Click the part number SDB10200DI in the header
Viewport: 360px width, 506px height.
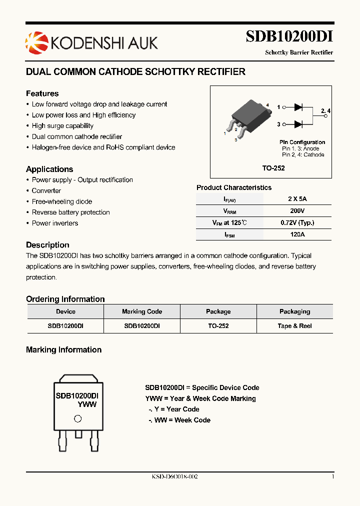click(x=289, y=36)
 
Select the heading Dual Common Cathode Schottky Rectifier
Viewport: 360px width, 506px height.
click(x=135, y=72)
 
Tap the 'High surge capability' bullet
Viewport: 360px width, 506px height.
click(x=62, y=126)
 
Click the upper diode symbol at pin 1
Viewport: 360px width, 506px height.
click(x=298, y=107)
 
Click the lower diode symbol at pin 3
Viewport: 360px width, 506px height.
click(x=298, y=124)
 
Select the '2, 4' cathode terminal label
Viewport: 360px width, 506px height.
click(x=325, y=110)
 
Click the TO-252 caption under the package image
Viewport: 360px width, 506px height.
click(x=273, y=168)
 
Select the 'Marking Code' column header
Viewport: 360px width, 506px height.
click(x=142, y=311)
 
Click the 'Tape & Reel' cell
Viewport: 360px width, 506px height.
click(x=294, y=326)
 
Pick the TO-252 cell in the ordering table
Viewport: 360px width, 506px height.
click(x=218, y=326)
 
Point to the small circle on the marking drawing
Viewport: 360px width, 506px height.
click(x=77, y=419)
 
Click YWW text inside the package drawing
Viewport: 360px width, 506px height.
click(x=87, y=404)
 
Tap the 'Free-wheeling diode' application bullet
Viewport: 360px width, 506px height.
click(x=62, y=201)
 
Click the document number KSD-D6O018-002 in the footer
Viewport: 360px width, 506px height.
click(x=175, y=477)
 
